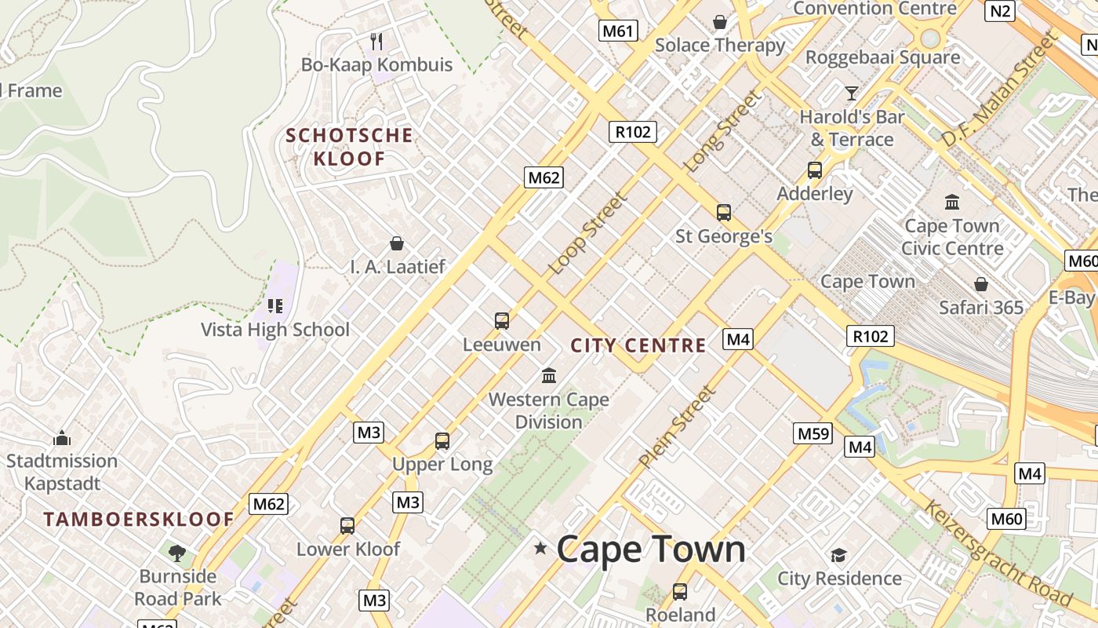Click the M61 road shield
618,31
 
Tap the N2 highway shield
1001,10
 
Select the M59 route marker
813,433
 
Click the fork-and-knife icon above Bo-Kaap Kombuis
376,41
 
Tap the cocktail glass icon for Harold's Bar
852,93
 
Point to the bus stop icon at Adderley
815,170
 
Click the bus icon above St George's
723,212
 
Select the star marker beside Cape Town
540,548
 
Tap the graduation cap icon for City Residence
838,556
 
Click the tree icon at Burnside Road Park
177,553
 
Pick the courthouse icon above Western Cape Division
549,376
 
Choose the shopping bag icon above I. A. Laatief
397,243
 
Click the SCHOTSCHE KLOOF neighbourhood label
349,147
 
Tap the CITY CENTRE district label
638,345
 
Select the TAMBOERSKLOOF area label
139,519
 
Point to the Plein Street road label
677,427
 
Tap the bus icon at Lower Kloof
347,526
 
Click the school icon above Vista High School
274,305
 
